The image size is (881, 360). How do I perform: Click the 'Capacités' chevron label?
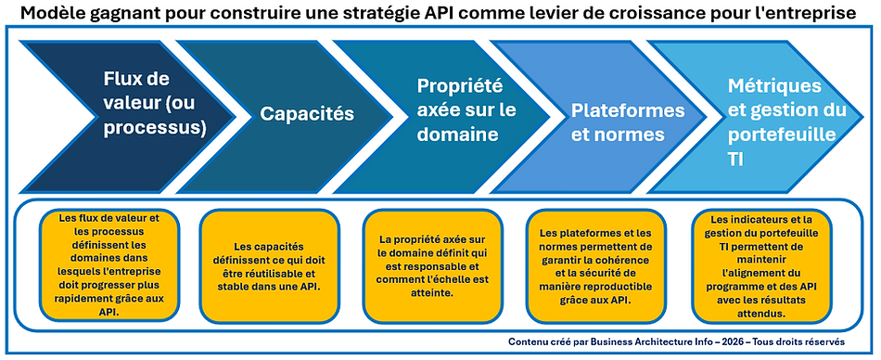307,114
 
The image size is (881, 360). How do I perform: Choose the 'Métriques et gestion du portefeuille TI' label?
786,122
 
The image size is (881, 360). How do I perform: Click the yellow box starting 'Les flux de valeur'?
109,265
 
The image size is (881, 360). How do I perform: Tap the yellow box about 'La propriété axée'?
433,265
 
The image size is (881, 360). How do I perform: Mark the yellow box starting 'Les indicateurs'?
760,265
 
